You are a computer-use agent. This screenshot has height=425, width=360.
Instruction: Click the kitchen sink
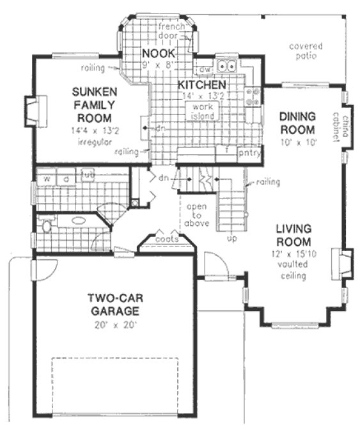point(226,65)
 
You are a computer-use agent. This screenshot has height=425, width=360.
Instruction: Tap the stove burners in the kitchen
point(253,95)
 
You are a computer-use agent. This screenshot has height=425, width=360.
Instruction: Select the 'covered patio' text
point(306,51)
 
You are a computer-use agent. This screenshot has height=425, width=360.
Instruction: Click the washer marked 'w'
point(47,178)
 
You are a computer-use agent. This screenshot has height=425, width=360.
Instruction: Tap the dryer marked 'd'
point(66,178)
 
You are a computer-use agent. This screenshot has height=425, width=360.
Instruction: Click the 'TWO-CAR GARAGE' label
point(113,305)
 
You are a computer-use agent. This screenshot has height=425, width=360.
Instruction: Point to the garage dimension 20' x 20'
point(114,325)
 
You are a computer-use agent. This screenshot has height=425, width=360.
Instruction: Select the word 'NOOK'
point(155,52)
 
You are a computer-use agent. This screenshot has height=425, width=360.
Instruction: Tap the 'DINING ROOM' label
point(297,124)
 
